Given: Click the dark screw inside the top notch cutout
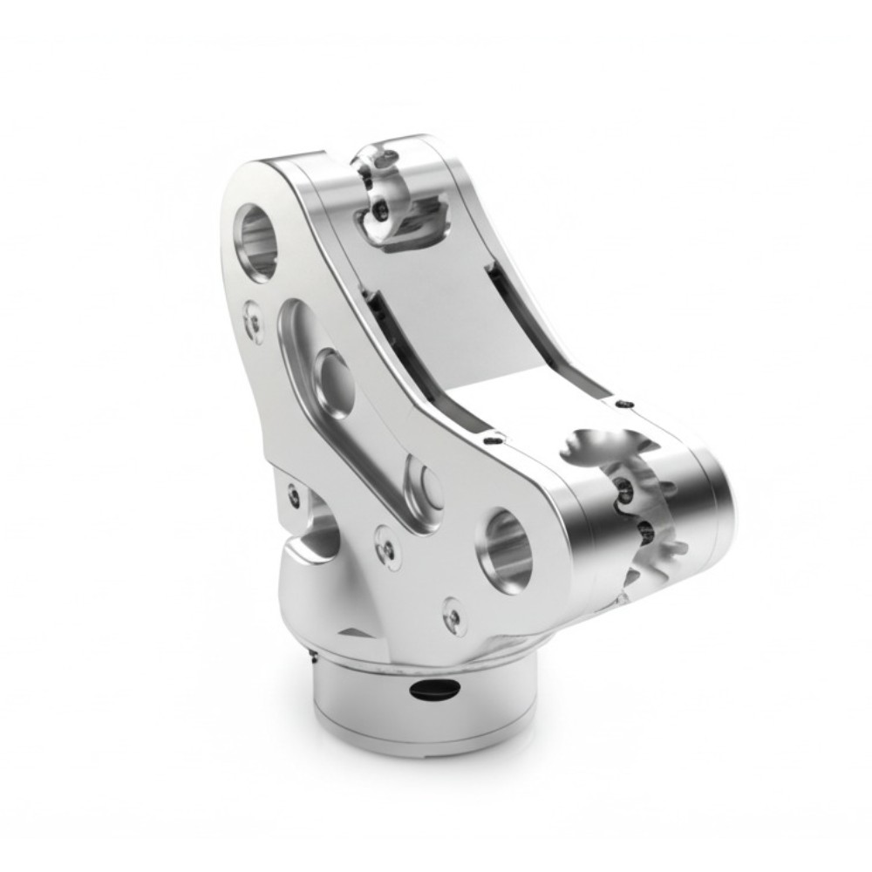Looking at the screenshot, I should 381,209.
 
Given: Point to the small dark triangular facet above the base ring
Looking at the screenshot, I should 353,630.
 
